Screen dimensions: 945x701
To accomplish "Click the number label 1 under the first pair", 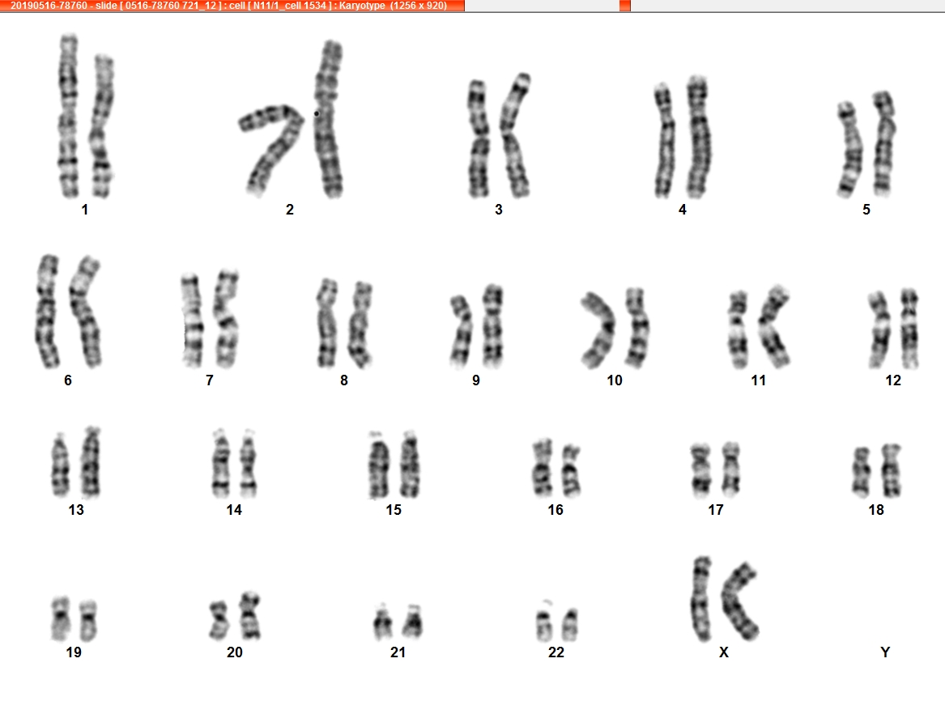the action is click(x=85, y=210).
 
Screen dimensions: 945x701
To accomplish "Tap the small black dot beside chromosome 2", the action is click(x=317, y=113).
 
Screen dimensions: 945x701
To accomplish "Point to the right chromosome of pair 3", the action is click(x=515, y=135).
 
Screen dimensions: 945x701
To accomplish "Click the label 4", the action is click(x=683, y=210).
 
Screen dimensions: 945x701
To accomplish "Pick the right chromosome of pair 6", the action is click(x=86, y=311).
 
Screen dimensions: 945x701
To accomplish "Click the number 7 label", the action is click(x=209, y=380).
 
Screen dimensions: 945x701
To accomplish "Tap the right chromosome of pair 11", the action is click(x=774, y=326).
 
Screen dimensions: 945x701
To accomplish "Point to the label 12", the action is click(x=893, y=380).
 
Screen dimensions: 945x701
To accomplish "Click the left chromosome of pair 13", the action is click(x=60, y=465).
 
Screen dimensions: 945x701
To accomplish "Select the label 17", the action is click(x=715, y=510).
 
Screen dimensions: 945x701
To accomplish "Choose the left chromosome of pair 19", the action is click(x=60, y=619).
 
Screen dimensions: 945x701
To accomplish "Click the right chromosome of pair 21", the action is click(x=413, y=622).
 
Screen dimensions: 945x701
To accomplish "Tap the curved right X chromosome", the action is click(x=739, y=601).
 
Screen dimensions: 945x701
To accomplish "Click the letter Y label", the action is click(x=885, y=652).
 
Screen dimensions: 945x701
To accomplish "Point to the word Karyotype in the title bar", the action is click(x=362, y=6).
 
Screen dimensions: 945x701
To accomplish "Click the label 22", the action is click(x=556, y=652).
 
